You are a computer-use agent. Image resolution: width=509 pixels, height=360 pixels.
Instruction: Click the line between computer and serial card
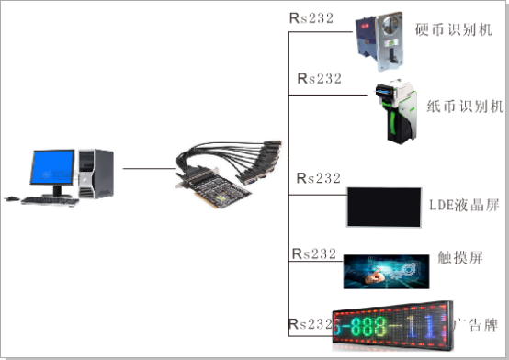tap(148, 168)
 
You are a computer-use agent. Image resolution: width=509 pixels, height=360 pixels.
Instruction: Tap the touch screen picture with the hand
tap(387, 272)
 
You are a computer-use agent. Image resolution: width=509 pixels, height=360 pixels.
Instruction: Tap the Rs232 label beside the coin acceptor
tap(311, 17)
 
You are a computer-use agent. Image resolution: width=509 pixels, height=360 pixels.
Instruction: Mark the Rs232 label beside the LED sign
tap(310, 324)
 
